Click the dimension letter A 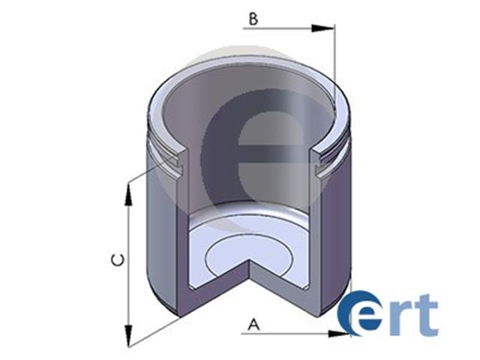tap(253, 325)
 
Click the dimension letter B tap(253, 19)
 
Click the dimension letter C tap(118, 260)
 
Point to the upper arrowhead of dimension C tap(128, 195)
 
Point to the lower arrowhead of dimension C tap(128, 336)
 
